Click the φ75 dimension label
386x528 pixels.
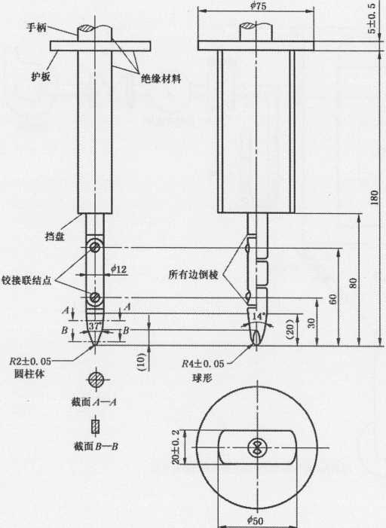(258, 6)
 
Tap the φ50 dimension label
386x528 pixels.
(255, 520)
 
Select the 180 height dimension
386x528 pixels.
(374, 198)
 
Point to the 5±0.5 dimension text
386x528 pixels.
(372, 19)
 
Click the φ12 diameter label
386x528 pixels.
(118, 269)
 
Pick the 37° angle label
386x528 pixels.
(95, 326)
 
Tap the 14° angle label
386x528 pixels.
(259, 316)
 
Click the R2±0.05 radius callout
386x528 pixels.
(30, 362)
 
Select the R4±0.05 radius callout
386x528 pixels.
(203, 364)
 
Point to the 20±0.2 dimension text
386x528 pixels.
(176, 447)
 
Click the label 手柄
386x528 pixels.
(36, 28)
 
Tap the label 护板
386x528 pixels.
(41, 77)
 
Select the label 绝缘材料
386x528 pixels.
(161, 79)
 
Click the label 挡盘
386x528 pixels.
(54, 237)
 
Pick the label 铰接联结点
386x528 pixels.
(26, 280)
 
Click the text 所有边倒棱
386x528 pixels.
(194, 274)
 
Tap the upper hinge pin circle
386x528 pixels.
(95, 248)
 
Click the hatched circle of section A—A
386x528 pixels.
(96, 380)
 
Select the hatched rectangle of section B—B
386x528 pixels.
(96, 426)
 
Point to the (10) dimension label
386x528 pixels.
(142, 362)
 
